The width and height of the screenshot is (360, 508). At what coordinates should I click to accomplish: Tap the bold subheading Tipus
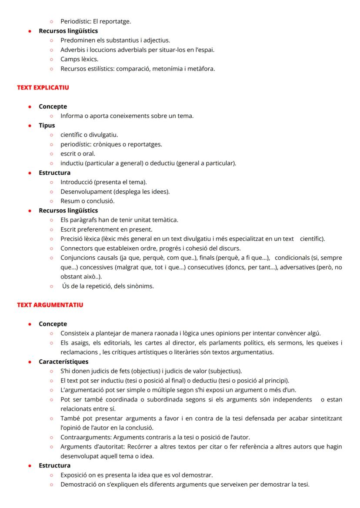click(47, 125)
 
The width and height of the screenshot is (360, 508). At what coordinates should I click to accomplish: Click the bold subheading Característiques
click(63, 362)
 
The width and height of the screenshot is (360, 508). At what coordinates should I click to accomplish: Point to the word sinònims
click(141, 286)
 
